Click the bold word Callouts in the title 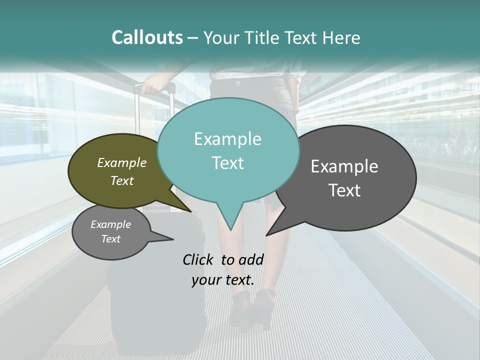point(147,37)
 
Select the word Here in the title point(342,37)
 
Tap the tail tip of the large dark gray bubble point(267,234)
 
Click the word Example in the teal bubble point(227,139)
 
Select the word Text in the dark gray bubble point(344,190)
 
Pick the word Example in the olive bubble point(121,162)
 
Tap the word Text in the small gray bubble point(110,239)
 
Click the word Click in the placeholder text point(199,259)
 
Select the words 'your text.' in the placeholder point(222,280)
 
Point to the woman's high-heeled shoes point(252,305)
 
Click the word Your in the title point(221,37)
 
